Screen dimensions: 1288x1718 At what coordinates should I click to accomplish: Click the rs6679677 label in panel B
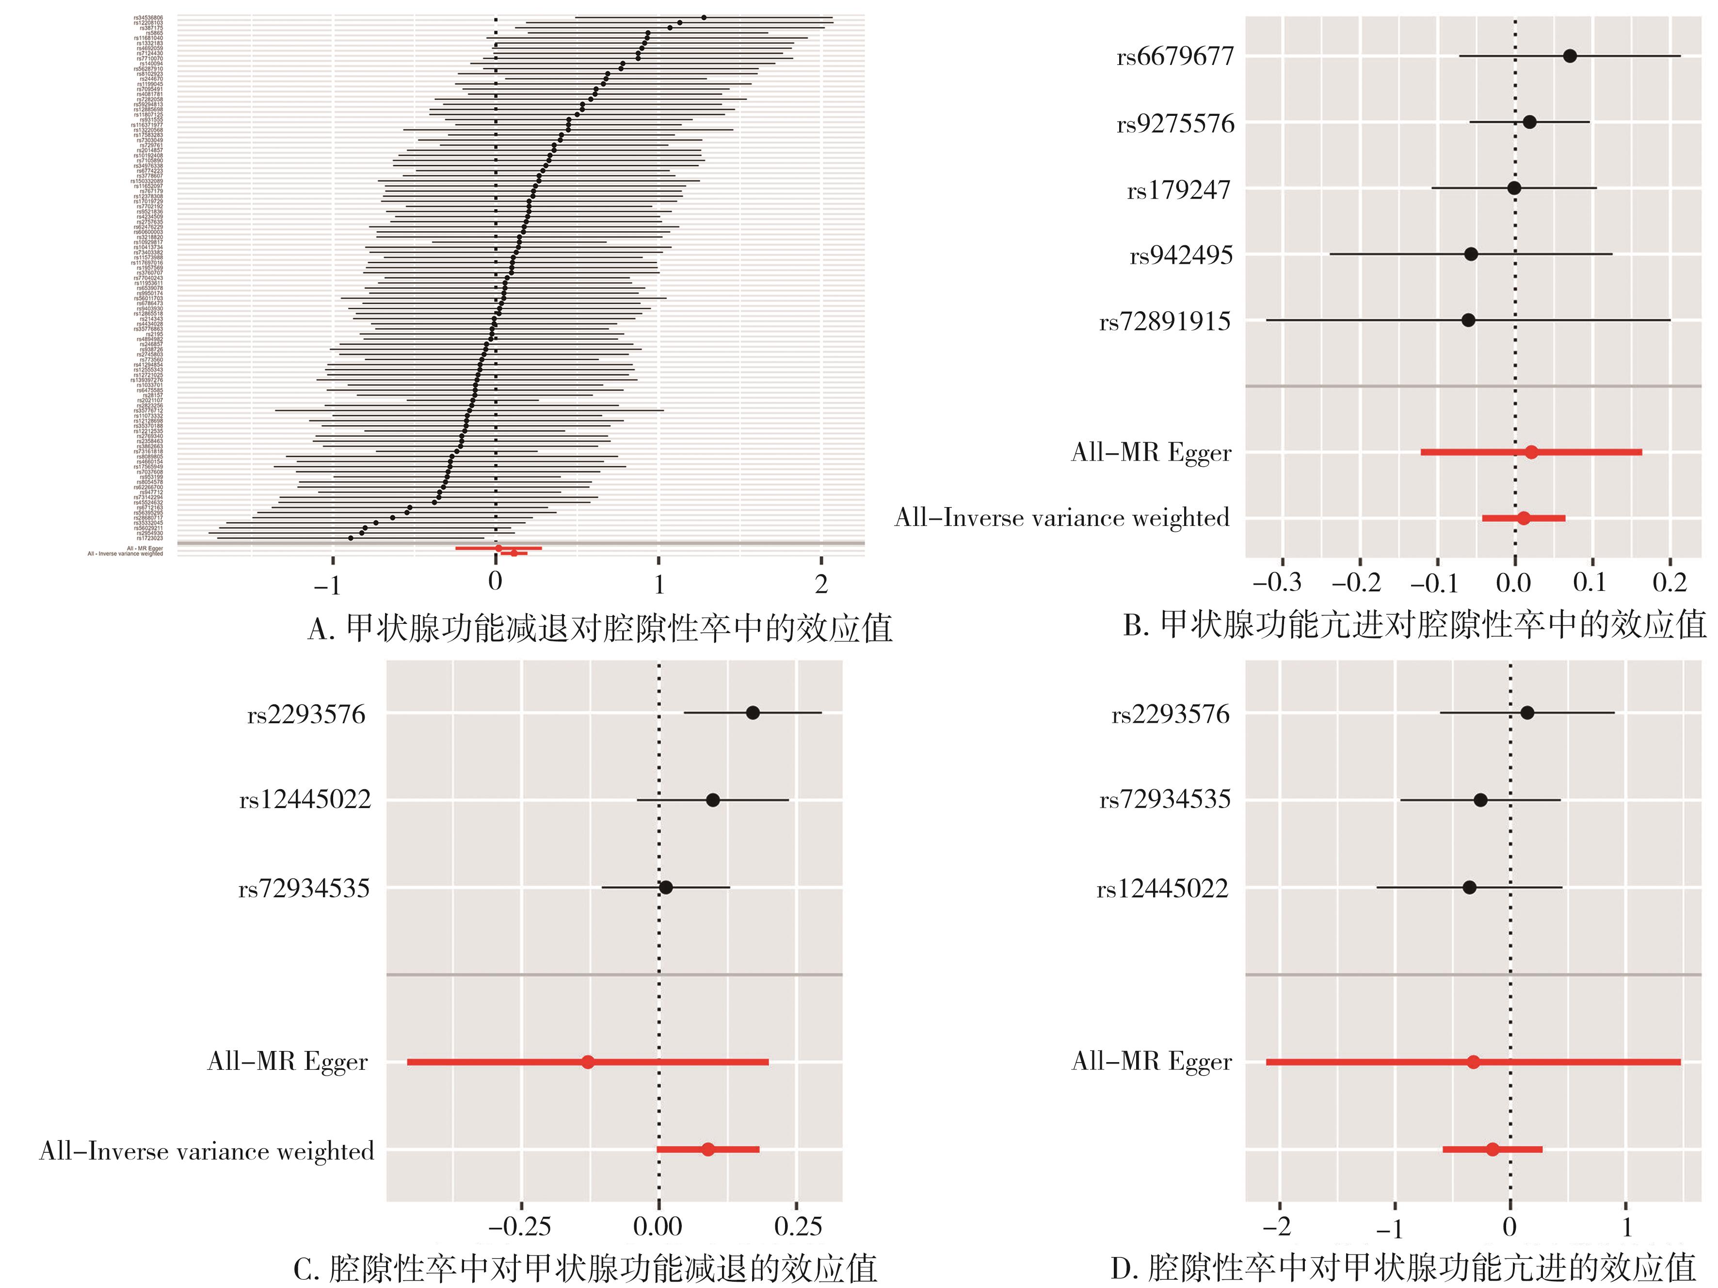(1174, 58)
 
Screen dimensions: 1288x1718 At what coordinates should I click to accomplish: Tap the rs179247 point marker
(1514, 188)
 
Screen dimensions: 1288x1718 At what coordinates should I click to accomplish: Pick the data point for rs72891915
(1468, 320)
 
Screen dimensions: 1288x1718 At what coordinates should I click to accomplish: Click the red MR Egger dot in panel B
(1531, 452)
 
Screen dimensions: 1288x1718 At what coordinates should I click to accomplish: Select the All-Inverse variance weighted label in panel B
(1062, 518)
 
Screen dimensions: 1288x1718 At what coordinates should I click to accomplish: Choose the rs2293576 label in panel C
(306, 715)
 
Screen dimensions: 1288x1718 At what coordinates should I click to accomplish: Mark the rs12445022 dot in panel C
(712, 800)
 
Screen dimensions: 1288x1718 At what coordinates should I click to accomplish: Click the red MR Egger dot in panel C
(588, 1061)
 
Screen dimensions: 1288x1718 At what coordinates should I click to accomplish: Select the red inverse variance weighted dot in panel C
(707, 1149)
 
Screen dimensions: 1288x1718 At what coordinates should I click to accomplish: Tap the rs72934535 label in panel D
(1164, 800)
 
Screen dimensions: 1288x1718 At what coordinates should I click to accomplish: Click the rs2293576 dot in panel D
(1527, 713)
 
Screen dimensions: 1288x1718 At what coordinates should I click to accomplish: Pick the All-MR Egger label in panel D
(1151, 1061)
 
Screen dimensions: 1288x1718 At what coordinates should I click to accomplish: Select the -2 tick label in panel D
(1276, 1227)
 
